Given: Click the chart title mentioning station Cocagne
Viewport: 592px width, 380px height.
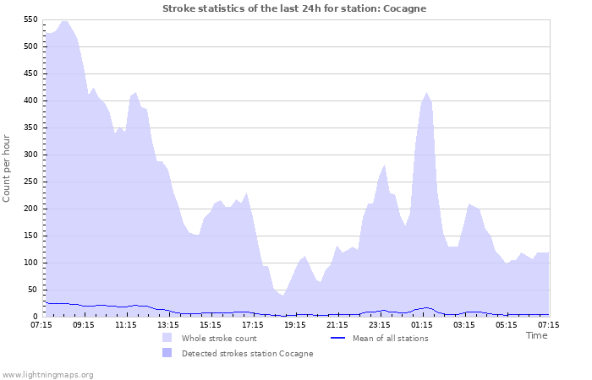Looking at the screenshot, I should (294, 8).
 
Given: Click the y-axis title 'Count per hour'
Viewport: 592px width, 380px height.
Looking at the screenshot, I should (8, 168).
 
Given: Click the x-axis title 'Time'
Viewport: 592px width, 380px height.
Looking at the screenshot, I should (536, 335).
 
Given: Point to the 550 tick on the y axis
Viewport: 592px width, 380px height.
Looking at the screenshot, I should (30, 19).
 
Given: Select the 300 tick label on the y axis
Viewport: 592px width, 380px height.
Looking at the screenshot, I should (30, 155).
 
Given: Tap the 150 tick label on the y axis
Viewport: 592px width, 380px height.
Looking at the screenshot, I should (30, 236).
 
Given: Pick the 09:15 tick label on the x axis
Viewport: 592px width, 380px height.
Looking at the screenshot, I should (84, 324).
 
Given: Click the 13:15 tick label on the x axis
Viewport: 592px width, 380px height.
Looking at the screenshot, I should (168, 324).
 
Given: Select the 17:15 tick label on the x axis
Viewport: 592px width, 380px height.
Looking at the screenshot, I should (253, 324).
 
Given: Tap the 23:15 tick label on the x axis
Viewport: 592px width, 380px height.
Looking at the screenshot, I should (380, 324).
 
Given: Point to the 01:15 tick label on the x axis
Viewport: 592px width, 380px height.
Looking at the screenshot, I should (422, 324).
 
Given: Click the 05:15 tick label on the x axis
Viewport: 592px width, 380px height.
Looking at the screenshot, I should (507, 324).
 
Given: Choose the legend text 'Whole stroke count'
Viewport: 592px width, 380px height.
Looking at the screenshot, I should (220, 339).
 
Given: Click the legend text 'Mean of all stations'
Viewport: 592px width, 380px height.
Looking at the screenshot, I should (389, 339).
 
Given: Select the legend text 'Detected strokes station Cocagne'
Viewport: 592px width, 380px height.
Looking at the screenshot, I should (247, 354).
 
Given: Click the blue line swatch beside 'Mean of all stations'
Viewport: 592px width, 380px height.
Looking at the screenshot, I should (337, 338).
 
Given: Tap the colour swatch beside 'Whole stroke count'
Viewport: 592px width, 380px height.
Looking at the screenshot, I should (167, 338).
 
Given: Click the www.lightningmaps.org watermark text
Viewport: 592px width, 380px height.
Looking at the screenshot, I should (47, 374).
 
